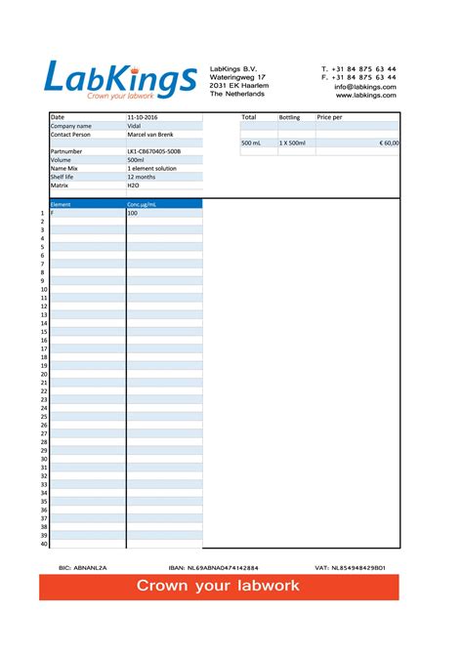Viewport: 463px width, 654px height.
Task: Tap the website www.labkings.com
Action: coord(366,96)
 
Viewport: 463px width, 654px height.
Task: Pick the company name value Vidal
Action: coord(135,126)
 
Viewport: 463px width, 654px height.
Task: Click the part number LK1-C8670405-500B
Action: coord(154,152)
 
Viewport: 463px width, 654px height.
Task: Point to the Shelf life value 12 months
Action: coord(142,177)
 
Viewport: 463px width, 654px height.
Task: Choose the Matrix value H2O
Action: coord(134,184)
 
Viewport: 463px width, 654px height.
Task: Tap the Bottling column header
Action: coord(290,117)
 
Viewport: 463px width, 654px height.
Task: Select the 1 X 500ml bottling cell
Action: coord(292,143)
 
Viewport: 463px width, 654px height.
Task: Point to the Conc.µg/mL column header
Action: coord(143,204)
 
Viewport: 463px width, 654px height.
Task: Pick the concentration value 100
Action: coord(133,213)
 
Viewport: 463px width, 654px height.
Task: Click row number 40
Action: coord(43,544)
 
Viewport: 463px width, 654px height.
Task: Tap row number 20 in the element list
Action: coord(43,374)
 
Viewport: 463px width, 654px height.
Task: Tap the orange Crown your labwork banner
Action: coord(218,587)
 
